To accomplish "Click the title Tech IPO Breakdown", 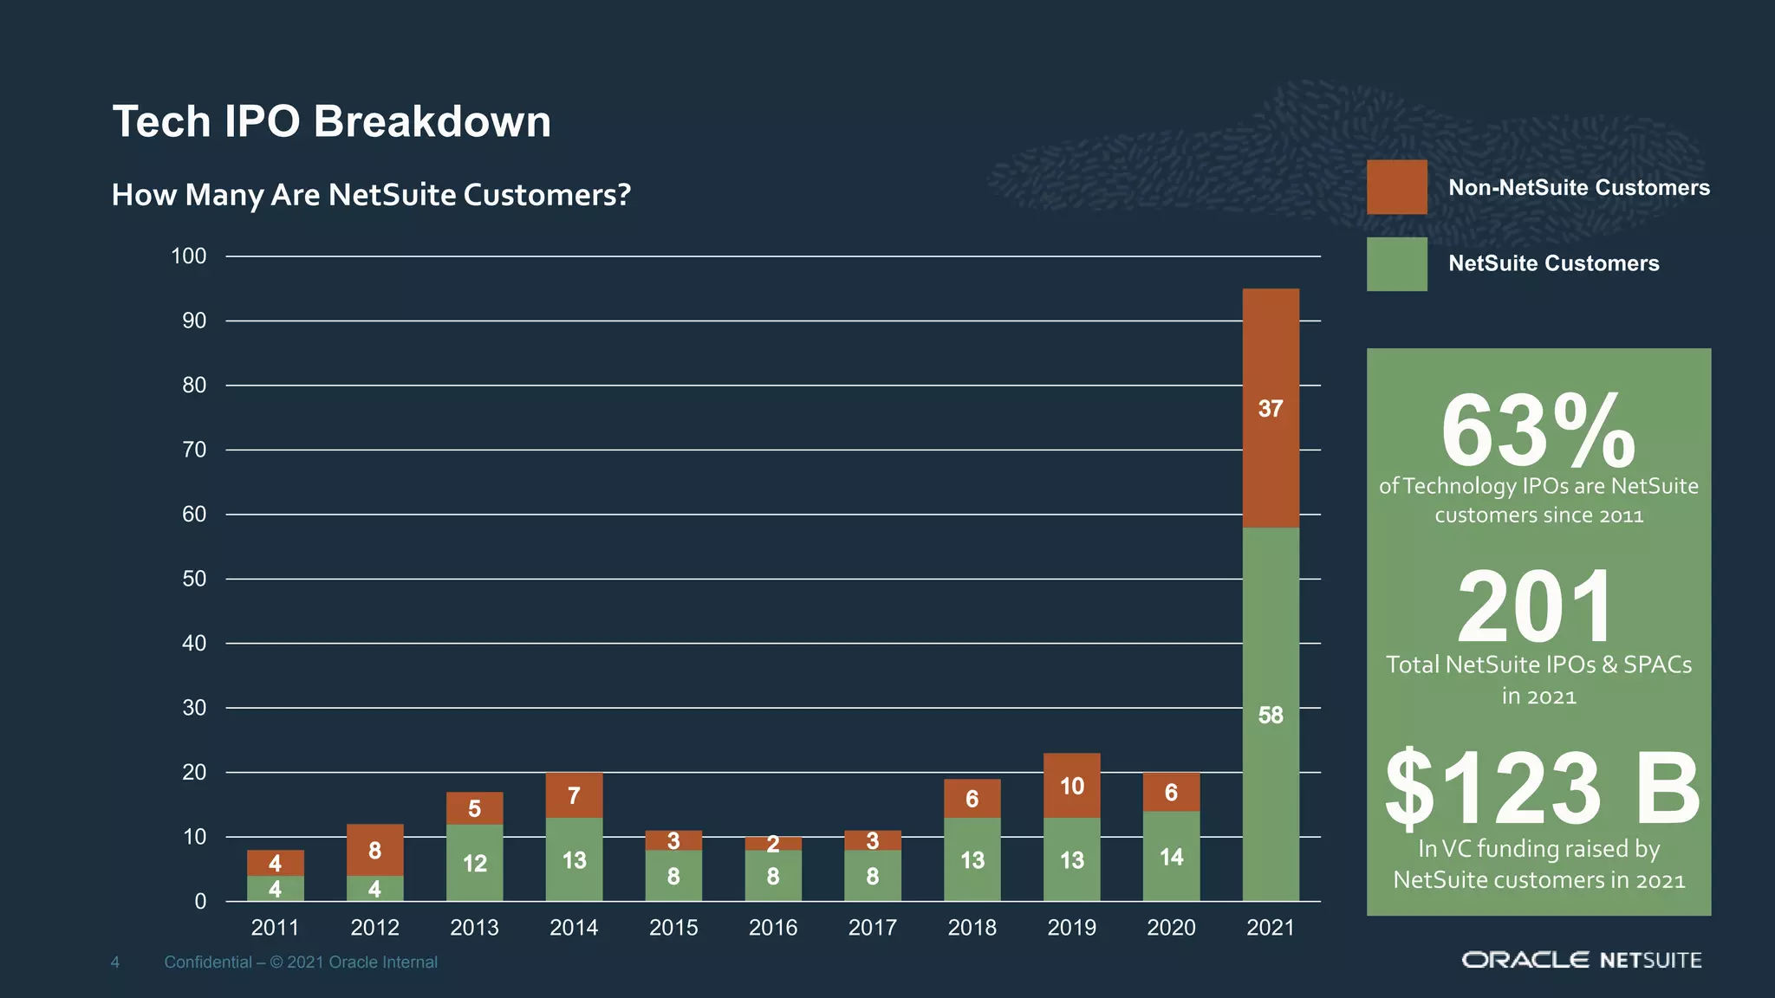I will [x=332, y=121].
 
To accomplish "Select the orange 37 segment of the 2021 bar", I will [x=1271, y=408].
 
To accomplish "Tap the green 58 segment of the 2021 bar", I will [x=1271, y=715].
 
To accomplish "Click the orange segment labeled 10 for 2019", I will [x=1072, y=786].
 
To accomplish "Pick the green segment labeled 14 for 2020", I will [x=1171, y=857].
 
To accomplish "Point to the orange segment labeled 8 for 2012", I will [x=374, y=850].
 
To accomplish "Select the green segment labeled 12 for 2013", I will [x=474, y=863].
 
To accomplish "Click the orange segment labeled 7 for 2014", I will [x=574, y=795].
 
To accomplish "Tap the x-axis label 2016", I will [x=773, y=928].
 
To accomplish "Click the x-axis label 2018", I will [x=972, y=928].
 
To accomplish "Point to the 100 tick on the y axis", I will [x=189, y=256].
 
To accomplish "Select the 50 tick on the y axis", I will [x=194, y=579].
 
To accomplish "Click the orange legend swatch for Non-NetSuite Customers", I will [x=1396, y=187].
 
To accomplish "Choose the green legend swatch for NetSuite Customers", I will [x=1396, y=264].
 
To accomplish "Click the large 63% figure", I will [x=1538, y=431].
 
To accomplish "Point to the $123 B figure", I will [x=1541, y=787].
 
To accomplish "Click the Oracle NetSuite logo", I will [x=1582, y=960].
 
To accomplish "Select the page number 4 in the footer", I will [x=114, y=962].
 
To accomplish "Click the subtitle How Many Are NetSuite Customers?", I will [x=371, y=195].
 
